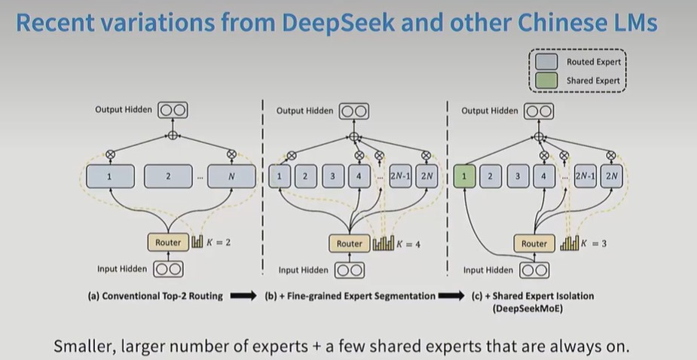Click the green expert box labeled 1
coord(465,177)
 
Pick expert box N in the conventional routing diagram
coord(231,177)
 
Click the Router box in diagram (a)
coord(168,243)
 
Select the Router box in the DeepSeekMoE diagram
coord(534,244)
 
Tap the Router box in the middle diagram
coord(350,244)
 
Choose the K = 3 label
coord(593,244)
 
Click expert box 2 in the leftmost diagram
coord(168,177)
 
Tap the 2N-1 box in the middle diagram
coord(400,177)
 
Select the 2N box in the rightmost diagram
coord(612,177)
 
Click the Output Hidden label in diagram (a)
coord(124,110)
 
